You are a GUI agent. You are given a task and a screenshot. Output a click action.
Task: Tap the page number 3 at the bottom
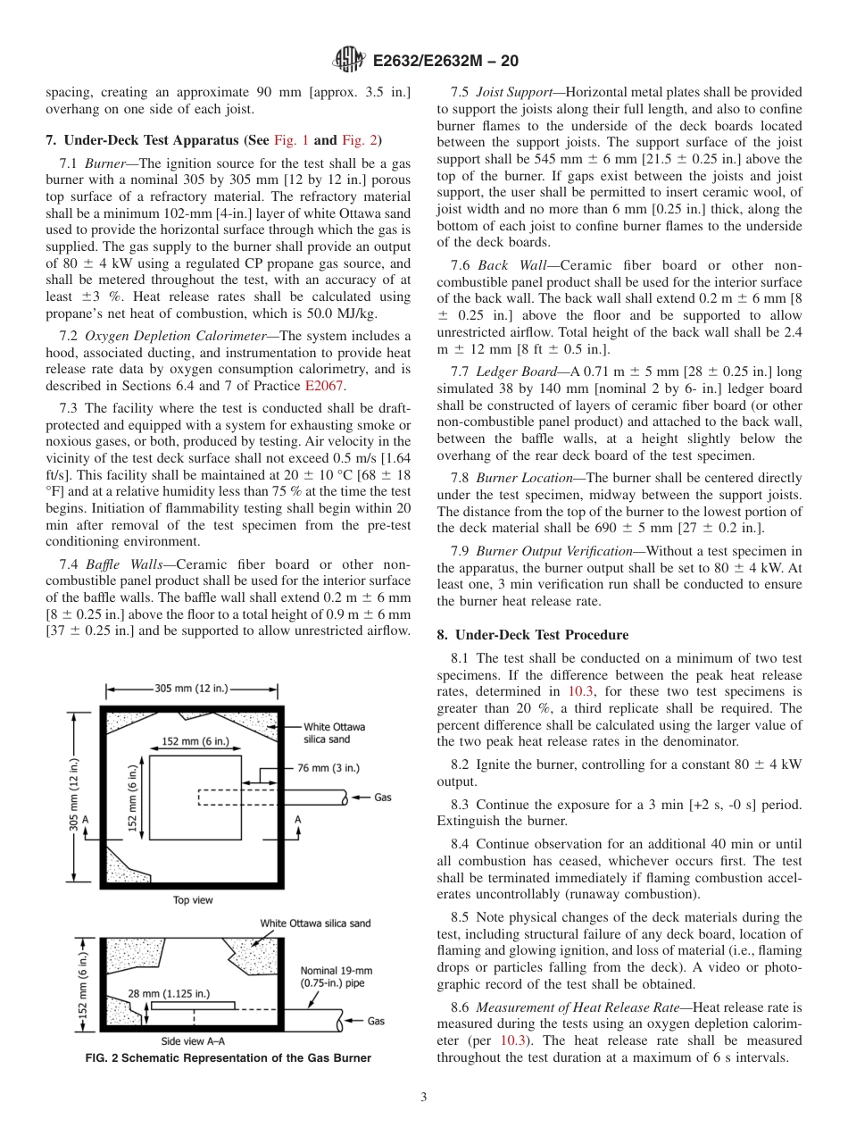pyautogui.click(x=424, y=1097)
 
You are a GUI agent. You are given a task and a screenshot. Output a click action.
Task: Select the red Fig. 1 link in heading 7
pyautogui.click(x=290, y=140)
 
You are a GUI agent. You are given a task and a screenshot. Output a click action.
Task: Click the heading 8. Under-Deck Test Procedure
pyautogui.click(x=532, y=635)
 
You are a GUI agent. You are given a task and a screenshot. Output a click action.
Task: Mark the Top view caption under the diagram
pyautogui.click(x=193, y=900)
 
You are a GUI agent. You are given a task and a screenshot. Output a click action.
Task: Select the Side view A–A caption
pyautogui.click(x=193, y=1041)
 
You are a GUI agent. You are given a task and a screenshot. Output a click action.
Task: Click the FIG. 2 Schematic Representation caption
pyautogui.click(x=228, y=1058)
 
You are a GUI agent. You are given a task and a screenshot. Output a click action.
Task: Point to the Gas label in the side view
pyautogui.click(x=376, y=1021)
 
